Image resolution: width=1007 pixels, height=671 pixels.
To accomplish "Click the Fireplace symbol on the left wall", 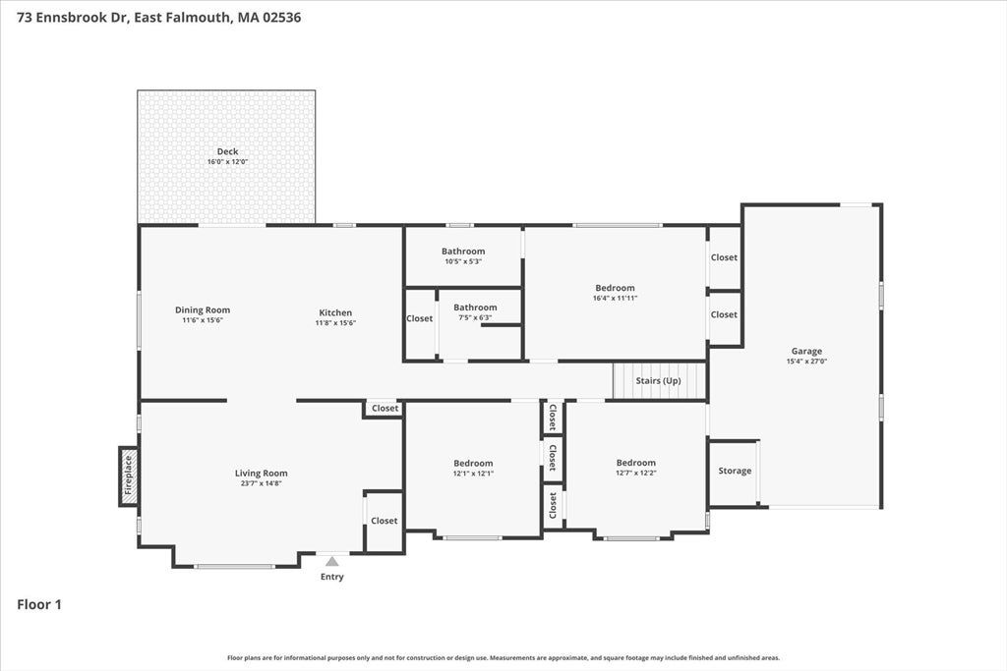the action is [x=129, y=476].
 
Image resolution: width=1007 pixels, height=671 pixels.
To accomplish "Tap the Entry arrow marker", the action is [x=332, y=561].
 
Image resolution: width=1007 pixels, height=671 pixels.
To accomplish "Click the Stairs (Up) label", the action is [x=658, y=380].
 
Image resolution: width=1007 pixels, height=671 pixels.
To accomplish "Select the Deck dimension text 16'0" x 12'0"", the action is [x=227, y=162].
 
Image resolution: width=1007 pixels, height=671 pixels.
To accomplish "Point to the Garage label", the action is [x=806, y=351].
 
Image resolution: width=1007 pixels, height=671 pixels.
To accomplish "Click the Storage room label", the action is [x=735, y=471].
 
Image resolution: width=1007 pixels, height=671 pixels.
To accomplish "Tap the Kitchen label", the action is [x=335, y=312].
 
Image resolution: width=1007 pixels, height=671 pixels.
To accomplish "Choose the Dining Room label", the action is [x=203, y=309].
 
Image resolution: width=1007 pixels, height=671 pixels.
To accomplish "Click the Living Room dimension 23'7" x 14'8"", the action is [x=262, y=483].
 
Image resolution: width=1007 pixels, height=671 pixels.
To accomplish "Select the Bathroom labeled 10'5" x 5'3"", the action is [x=463, y=252].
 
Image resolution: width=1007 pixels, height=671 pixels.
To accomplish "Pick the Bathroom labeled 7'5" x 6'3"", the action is [x=475, y=308].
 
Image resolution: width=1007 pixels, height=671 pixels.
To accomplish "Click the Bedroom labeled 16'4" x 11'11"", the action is [x=616, y=288].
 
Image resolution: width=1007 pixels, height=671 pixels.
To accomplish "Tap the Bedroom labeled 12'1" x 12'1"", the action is [x=473, y=463].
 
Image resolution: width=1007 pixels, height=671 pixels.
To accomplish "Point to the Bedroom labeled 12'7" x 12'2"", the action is [x=636, y=463].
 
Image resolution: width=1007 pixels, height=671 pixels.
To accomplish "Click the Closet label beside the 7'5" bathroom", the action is [x=419, y=318].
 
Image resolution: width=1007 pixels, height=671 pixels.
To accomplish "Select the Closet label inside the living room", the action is [x=385, y=521].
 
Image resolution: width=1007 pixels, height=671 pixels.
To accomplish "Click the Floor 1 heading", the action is [x=39, y=604].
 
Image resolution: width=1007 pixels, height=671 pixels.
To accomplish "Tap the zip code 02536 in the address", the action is [x=280, y=18].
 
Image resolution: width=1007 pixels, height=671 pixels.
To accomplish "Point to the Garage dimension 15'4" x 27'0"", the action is [x=806, y=362].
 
